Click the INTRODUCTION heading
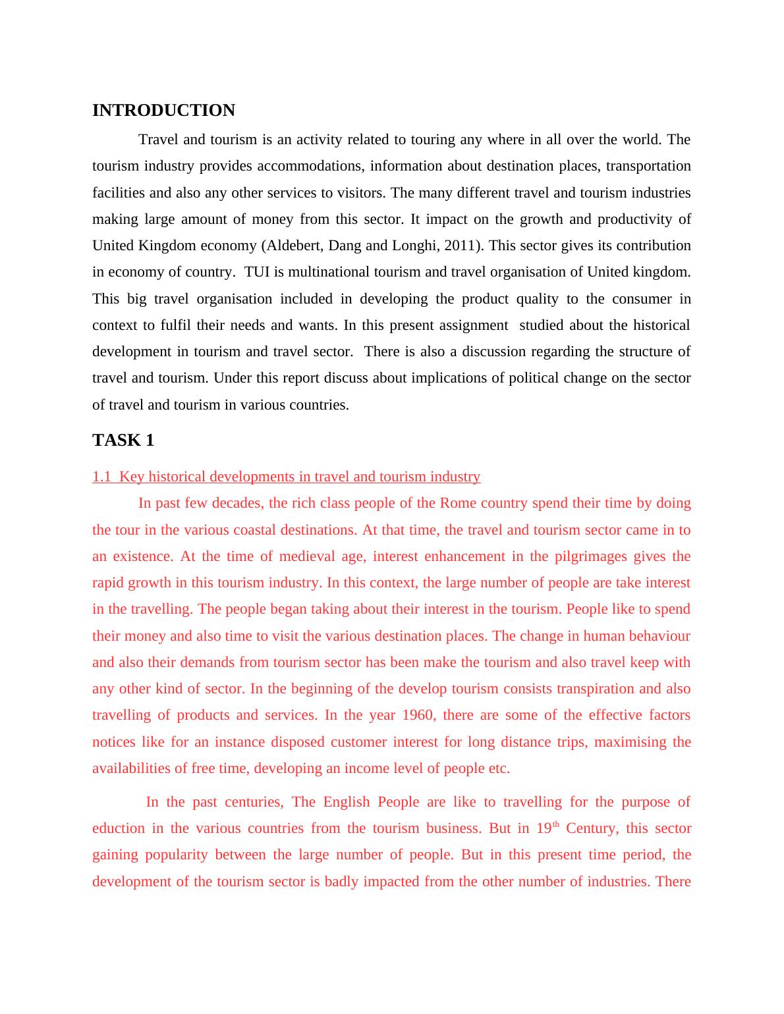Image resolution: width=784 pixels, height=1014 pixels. tap(163, 111)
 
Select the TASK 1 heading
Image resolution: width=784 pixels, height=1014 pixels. tap(123, 440)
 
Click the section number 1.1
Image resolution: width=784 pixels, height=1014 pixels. tap(101, 477)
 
